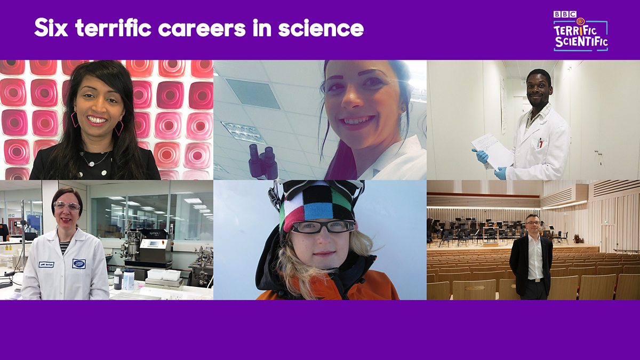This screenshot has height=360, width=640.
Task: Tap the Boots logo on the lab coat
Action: [x=79, y=263]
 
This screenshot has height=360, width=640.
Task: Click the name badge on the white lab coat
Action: [x=46, y=264]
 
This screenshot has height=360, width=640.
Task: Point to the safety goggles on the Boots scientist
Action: [x=67, y=206]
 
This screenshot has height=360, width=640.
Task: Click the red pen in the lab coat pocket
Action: [x=540, y=142]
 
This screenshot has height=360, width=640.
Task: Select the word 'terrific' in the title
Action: [x=124, y=28]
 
